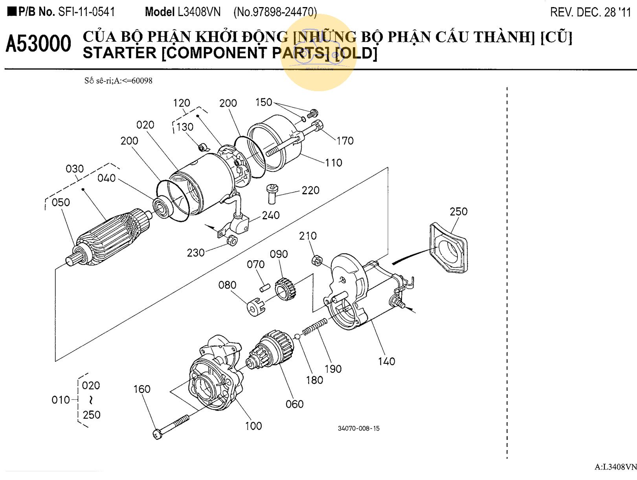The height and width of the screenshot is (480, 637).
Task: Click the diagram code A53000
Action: (39, 44)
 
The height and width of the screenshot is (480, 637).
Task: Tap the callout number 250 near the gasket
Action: (458, 211)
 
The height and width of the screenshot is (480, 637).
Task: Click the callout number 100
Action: (253, 426)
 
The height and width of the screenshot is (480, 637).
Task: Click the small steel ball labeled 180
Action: (297, 336)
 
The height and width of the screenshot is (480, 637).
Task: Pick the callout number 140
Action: (386, 361)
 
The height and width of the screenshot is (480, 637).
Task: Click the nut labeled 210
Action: (317, 260)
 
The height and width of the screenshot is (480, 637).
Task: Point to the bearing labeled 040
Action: (161, 207)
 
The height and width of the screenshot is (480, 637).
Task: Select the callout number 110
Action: (333, 162)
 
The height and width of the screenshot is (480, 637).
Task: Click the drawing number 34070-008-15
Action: (358, 429)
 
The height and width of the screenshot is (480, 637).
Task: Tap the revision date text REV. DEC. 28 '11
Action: (590, 12)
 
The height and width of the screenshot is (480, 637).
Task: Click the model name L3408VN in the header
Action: (199, 12)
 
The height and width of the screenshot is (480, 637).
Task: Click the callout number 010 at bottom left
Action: (60, 400)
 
